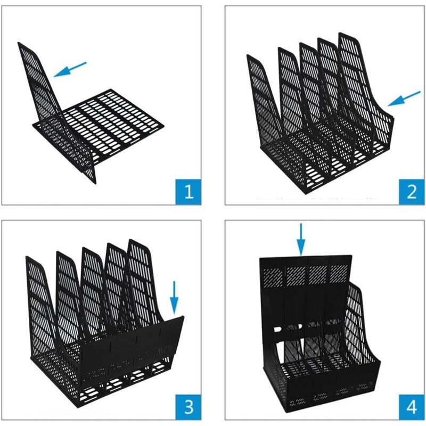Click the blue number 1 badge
point(189,192)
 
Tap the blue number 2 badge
point(411,192)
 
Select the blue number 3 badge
point(189,407)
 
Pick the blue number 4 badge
point(411,407)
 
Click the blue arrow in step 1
point(70,69)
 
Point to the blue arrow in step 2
point(404,99)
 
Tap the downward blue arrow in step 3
point(174,298)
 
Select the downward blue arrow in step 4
point(301,239)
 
